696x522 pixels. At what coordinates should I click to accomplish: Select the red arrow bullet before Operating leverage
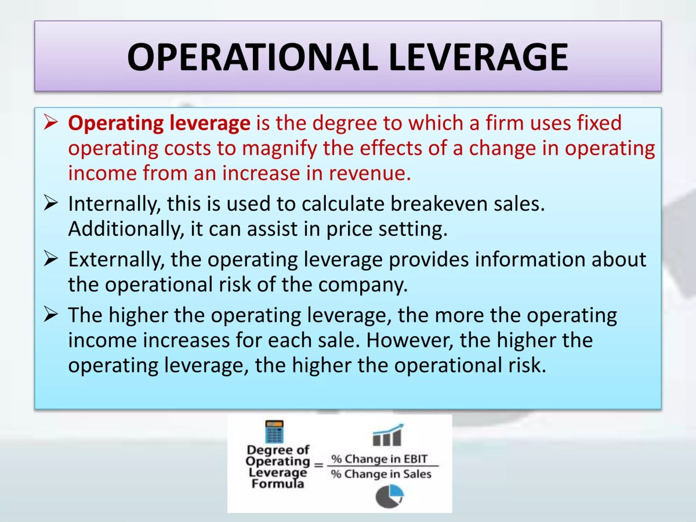[51, 123]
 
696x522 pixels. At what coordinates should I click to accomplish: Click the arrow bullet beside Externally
[51, 259]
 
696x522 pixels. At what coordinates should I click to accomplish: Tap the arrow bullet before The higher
[51, 315]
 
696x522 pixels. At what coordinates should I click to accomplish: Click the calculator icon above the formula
[274, 432]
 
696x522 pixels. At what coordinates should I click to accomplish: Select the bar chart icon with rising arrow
[387, 435]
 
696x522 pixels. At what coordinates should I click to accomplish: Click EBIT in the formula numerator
[414, 459]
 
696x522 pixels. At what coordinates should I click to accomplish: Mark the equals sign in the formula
[318, 465]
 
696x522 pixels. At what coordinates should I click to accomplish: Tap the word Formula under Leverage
[277, 484]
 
